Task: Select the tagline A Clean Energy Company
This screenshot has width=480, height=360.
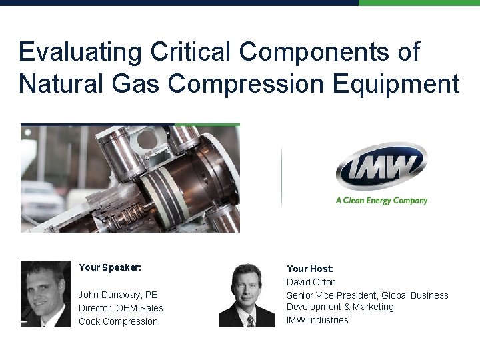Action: [381, 200]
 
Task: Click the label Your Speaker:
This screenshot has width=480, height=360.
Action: [110, 267]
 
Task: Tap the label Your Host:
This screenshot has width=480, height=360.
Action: [309, 269]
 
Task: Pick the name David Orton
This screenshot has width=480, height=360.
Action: [311, 282]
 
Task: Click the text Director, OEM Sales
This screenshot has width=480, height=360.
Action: [121, 308]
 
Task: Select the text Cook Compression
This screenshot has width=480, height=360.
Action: [118, 321]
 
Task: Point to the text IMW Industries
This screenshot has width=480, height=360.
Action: [317, 320]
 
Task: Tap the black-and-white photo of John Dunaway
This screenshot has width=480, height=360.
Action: [45, 294]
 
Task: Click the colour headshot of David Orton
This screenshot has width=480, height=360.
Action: [247, 295]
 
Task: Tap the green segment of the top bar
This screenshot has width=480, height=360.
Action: [419, 3]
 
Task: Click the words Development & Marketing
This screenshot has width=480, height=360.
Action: [340, 307]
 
